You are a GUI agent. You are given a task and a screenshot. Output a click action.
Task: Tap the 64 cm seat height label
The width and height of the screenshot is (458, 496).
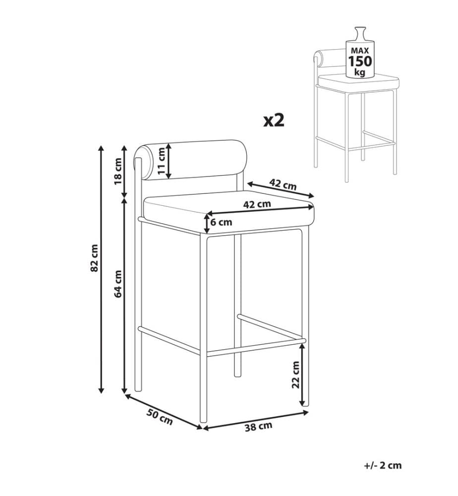[118, 283]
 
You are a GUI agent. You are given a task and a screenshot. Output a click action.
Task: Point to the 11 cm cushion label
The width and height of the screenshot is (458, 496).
[162, 161]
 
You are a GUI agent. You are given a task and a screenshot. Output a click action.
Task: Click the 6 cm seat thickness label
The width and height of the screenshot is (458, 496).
[221, 222]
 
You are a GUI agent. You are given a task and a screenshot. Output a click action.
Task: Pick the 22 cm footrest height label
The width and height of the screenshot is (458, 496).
[295, 374]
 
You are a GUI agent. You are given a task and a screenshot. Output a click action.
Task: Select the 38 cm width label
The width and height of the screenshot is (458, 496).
[259, 427]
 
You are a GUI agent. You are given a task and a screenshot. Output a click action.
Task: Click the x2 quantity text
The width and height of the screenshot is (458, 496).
[274, 121]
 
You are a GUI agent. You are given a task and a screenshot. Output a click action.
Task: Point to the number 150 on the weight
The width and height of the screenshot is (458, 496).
[360, 61]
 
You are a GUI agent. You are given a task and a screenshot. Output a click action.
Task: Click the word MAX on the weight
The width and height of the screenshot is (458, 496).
[360, 50]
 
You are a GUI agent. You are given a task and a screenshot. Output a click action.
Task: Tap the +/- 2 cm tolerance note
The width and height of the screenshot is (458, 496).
[383, 465]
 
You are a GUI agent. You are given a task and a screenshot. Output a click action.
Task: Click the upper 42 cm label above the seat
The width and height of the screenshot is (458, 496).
[283, 184]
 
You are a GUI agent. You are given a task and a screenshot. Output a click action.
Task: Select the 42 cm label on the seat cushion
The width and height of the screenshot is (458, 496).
[257, 204]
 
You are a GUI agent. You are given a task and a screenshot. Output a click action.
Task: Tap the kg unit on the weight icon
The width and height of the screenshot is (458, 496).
[360, 72]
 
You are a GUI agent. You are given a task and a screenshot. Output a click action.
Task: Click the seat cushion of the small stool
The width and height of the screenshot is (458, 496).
[359, 82]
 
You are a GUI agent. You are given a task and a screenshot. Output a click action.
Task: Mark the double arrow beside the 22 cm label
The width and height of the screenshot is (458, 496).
[302, 374]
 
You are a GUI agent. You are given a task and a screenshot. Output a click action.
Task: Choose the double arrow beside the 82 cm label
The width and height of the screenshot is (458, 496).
[101, 269]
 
